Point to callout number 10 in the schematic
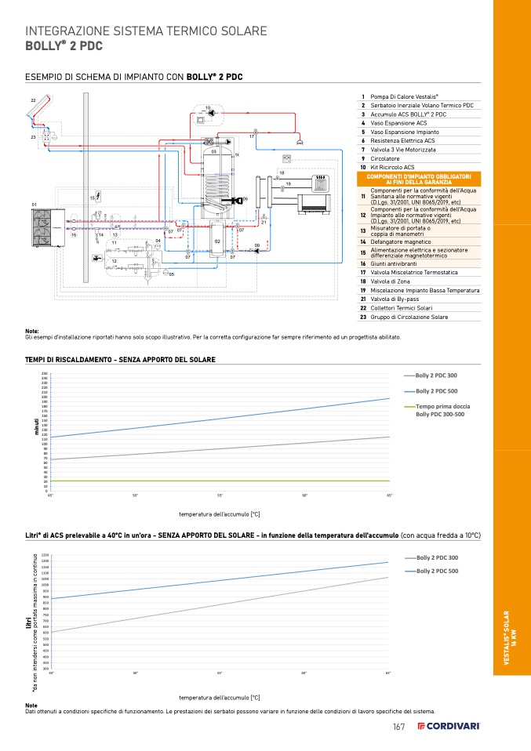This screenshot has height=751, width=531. coord(207,107)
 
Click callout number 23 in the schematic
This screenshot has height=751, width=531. coord(34,137)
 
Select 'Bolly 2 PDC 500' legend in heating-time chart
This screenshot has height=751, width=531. coord(436,391)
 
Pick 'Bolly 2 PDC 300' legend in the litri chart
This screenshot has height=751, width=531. coord(437,557)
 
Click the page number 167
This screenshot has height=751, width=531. coord(398,727)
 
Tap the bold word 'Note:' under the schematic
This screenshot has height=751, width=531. coord(32,331)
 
